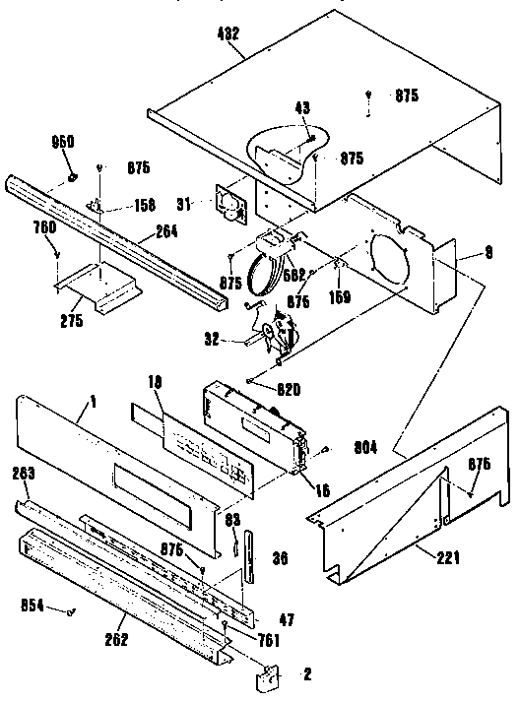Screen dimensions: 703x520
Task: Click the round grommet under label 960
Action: (x=73, y=176)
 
